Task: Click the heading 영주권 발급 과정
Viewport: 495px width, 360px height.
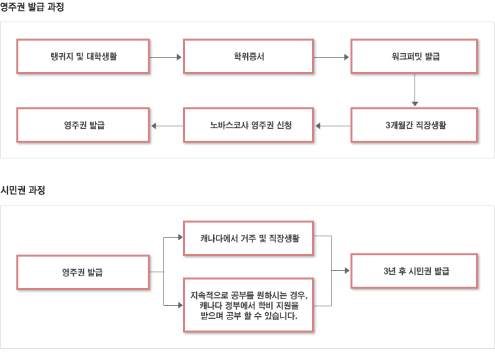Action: tap(32, 7)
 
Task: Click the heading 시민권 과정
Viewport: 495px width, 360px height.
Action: tap(23, 190)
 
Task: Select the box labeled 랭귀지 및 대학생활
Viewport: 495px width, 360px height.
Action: tap(83, 56)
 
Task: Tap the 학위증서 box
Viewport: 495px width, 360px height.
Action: tap(248, 56)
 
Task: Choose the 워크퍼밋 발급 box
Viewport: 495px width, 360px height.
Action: tap(414, 56)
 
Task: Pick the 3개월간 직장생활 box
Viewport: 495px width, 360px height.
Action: tap(414, 125)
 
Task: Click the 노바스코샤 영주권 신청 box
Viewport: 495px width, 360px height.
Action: tap(248, 125)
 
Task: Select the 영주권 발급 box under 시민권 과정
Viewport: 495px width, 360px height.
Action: tap(83, 272)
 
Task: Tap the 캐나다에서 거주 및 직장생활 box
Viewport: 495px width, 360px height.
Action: tap(248, 238)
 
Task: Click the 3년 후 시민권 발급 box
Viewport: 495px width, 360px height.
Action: tap(414, 271)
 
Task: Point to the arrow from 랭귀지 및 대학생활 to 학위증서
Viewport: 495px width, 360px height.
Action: tap(165, 57)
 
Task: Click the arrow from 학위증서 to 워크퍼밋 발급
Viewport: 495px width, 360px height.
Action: tap(332, 57)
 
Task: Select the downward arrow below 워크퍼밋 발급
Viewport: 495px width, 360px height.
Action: tap(415, 90)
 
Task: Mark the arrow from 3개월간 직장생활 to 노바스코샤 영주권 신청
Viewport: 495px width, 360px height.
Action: tap(333, 126)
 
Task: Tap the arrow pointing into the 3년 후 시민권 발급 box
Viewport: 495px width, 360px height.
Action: tap(340, 270)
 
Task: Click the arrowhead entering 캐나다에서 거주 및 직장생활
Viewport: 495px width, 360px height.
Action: tap(180, 237)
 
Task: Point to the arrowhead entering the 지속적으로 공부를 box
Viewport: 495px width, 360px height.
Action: tap(180, 305)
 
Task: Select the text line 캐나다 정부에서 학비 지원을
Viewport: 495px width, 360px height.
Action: tap(249, 305)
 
